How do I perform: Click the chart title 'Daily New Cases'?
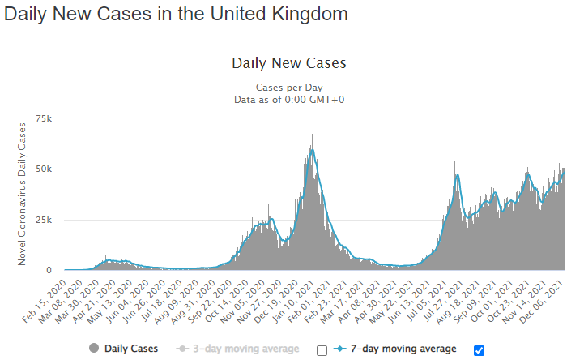pyautogui.click(x=289, y=62)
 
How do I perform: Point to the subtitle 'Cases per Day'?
pyautogui.click(x=289, y=86)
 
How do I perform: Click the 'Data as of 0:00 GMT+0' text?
pyautogui.click(x=289, y=98)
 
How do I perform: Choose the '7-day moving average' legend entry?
pyautogui.click(x=403, y=349)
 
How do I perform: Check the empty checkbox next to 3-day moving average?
pyautogui.click(x=322, y=350)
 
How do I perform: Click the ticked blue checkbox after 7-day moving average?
pyautogui.click(x=479, y=350)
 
